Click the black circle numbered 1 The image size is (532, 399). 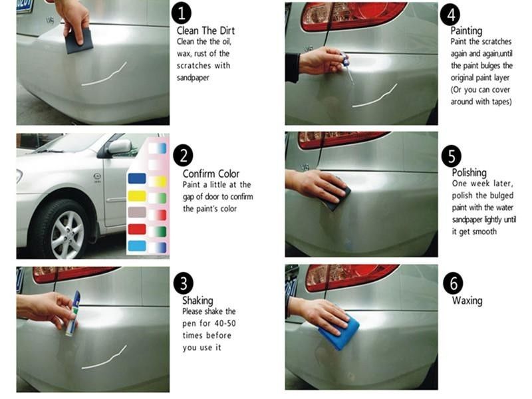[x=182, y=13]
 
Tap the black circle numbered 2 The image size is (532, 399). [x=183, y=156]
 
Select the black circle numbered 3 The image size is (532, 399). [x=183, y=283]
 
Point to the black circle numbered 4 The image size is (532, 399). [x=453, y=14]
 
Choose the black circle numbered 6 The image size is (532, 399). [x=453, y=283]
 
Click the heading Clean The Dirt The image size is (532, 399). [x=205, y=31]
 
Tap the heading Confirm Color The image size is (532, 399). [x=210, y=174]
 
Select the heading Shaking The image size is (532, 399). [x=198, y=301]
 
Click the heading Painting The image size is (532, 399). [x=466, y=31]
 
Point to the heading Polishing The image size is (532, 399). [x=469, y=172]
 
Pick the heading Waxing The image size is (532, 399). [x=467, y=301]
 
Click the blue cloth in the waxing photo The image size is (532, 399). [x=340, y=332]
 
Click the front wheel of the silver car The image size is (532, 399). [x=66, y=232]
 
